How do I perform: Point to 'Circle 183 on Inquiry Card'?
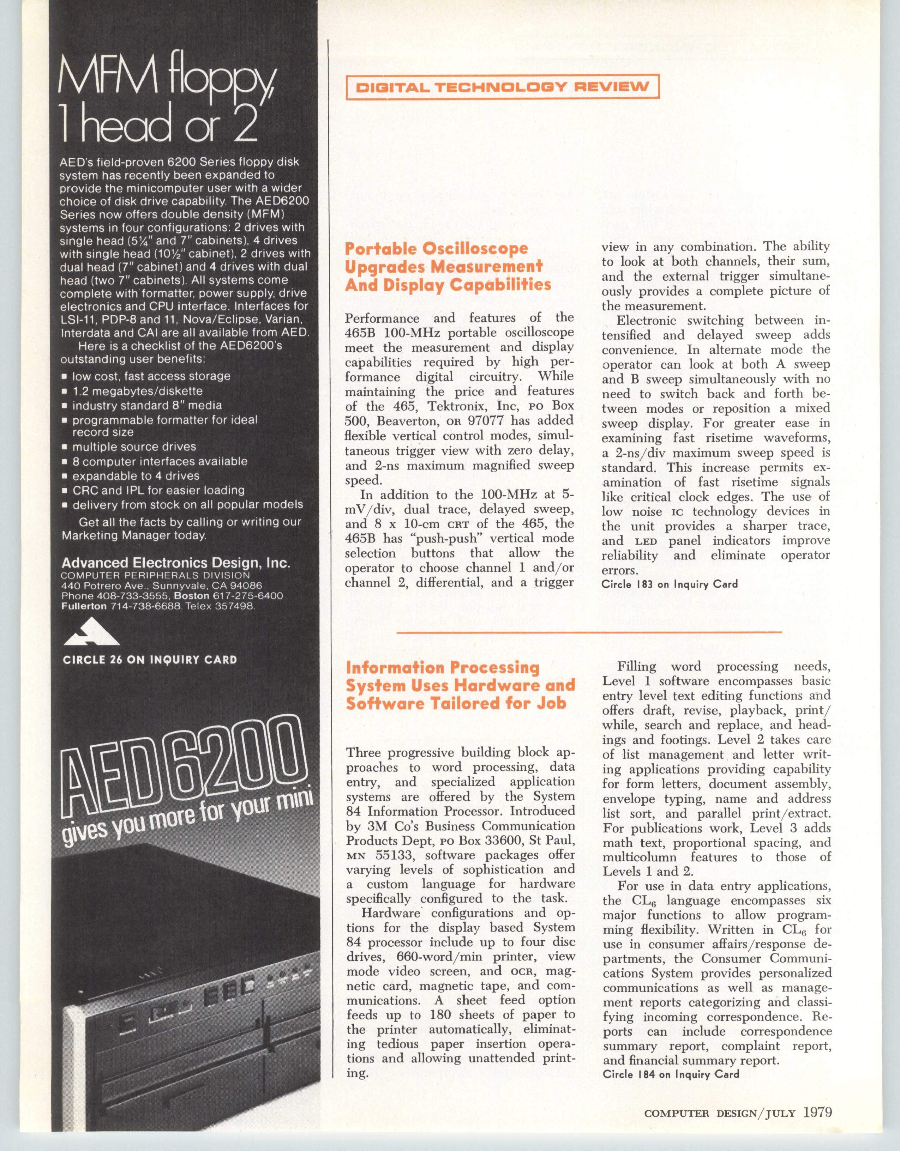click(x=669, y=584)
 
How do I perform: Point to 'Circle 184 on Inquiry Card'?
click(x=670, y=1074)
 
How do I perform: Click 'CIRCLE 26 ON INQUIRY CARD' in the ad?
click(x=149, y=660)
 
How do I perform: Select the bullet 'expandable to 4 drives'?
click(x=136, y=475)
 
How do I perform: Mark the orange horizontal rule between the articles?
click(x=589, y=632)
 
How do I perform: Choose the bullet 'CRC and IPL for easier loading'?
click(x=158, y=490)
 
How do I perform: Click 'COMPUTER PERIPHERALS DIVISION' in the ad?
click(x=155, y=576)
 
